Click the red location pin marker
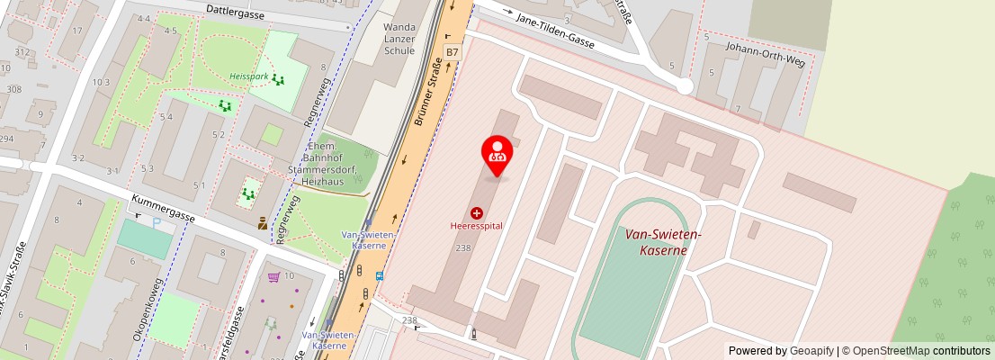point(497,154)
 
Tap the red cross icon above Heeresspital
point(476,213)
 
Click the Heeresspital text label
point(476,226)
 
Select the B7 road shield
point(452,52)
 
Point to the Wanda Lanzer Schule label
point(399,40)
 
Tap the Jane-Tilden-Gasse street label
point(555,31)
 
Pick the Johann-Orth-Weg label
point(765,50)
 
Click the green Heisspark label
point(249,76)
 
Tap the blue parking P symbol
point(156,221)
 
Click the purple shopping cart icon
point(273,276)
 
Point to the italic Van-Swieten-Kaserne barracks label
point(663,241)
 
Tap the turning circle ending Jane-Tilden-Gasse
point(684,86)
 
